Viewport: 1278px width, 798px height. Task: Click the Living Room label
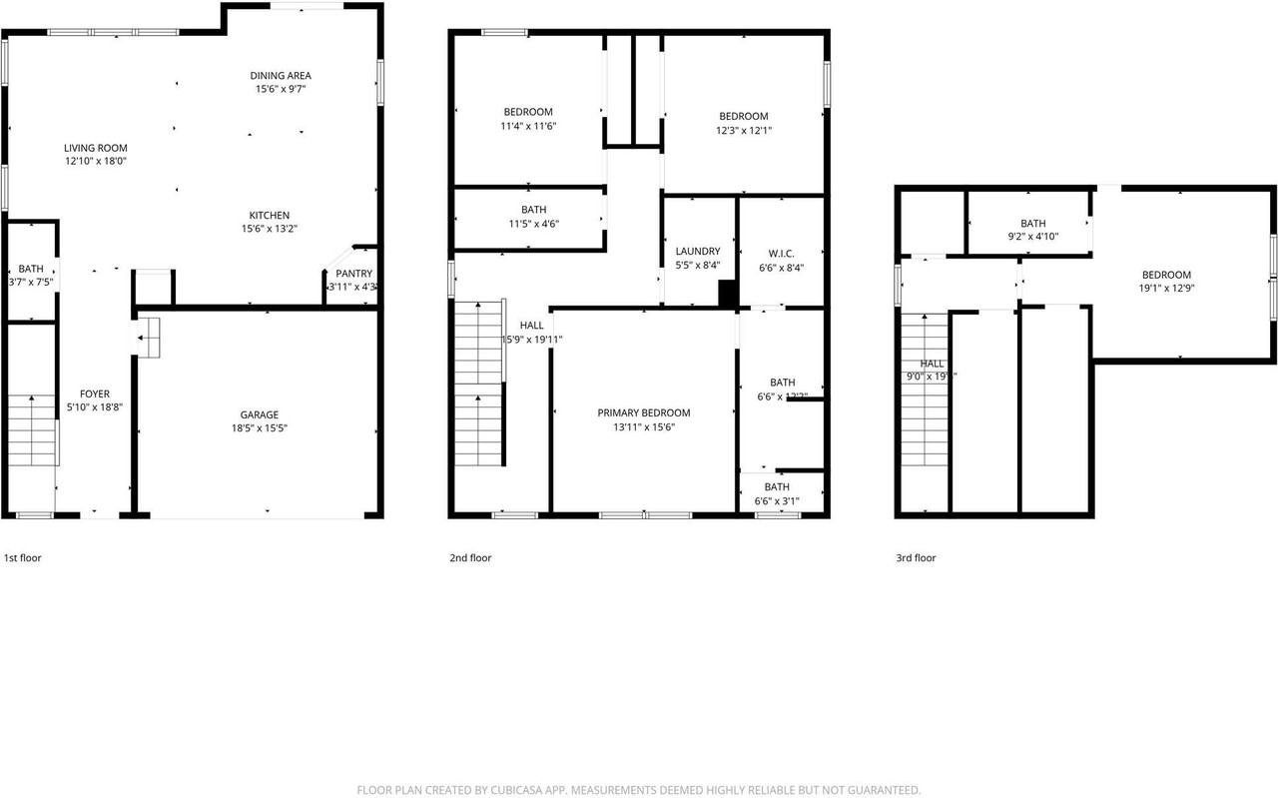[x=97, y=148]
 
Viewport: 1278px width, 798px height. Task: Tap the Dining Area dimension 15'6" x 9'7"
[x=280, y=89]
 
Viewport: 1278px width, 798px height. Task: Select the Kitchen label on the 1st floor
[x=270, y=215]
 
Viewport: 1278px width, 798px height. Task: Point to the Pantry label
[x=353, y=274]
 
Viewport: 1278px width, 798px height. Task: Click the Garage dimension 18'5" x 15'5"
[x=259, y=428]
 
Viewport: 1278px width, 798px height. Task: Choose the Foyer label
[x=95, y=394]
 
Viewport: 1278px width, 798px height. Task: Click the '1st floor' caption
[x=23, y=558]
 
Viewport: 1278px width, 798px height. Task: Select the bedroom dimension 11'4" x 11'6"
[x=527, y=126]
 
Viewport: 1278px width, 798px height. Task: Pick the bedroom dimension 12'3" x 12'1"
[x=744, y=130]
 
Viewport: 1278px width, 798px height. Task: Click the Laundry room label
[x=697, y=252]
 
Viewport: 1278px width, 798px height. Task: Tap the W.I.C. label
[x=781, y=252]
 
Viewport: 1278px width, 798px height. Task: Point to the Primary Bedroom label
[x=643, y=412]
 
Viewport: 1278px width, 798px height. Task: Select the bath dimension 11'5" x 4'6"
[x=533, y=224]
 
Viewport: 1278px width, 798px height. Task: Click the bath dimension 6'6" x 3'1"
[x=777, y=501]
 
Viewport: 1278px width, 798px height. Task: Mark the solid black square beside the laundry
[x=728, y=294]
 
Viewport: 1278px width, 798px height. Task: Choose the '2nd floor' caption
[x=470, y=558]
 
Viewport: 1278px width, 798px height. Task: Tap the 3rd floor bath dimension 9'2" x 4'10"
[x=1032, y=238]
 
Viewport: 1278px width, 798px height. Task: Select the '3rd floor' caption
[x=916, y=558]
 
